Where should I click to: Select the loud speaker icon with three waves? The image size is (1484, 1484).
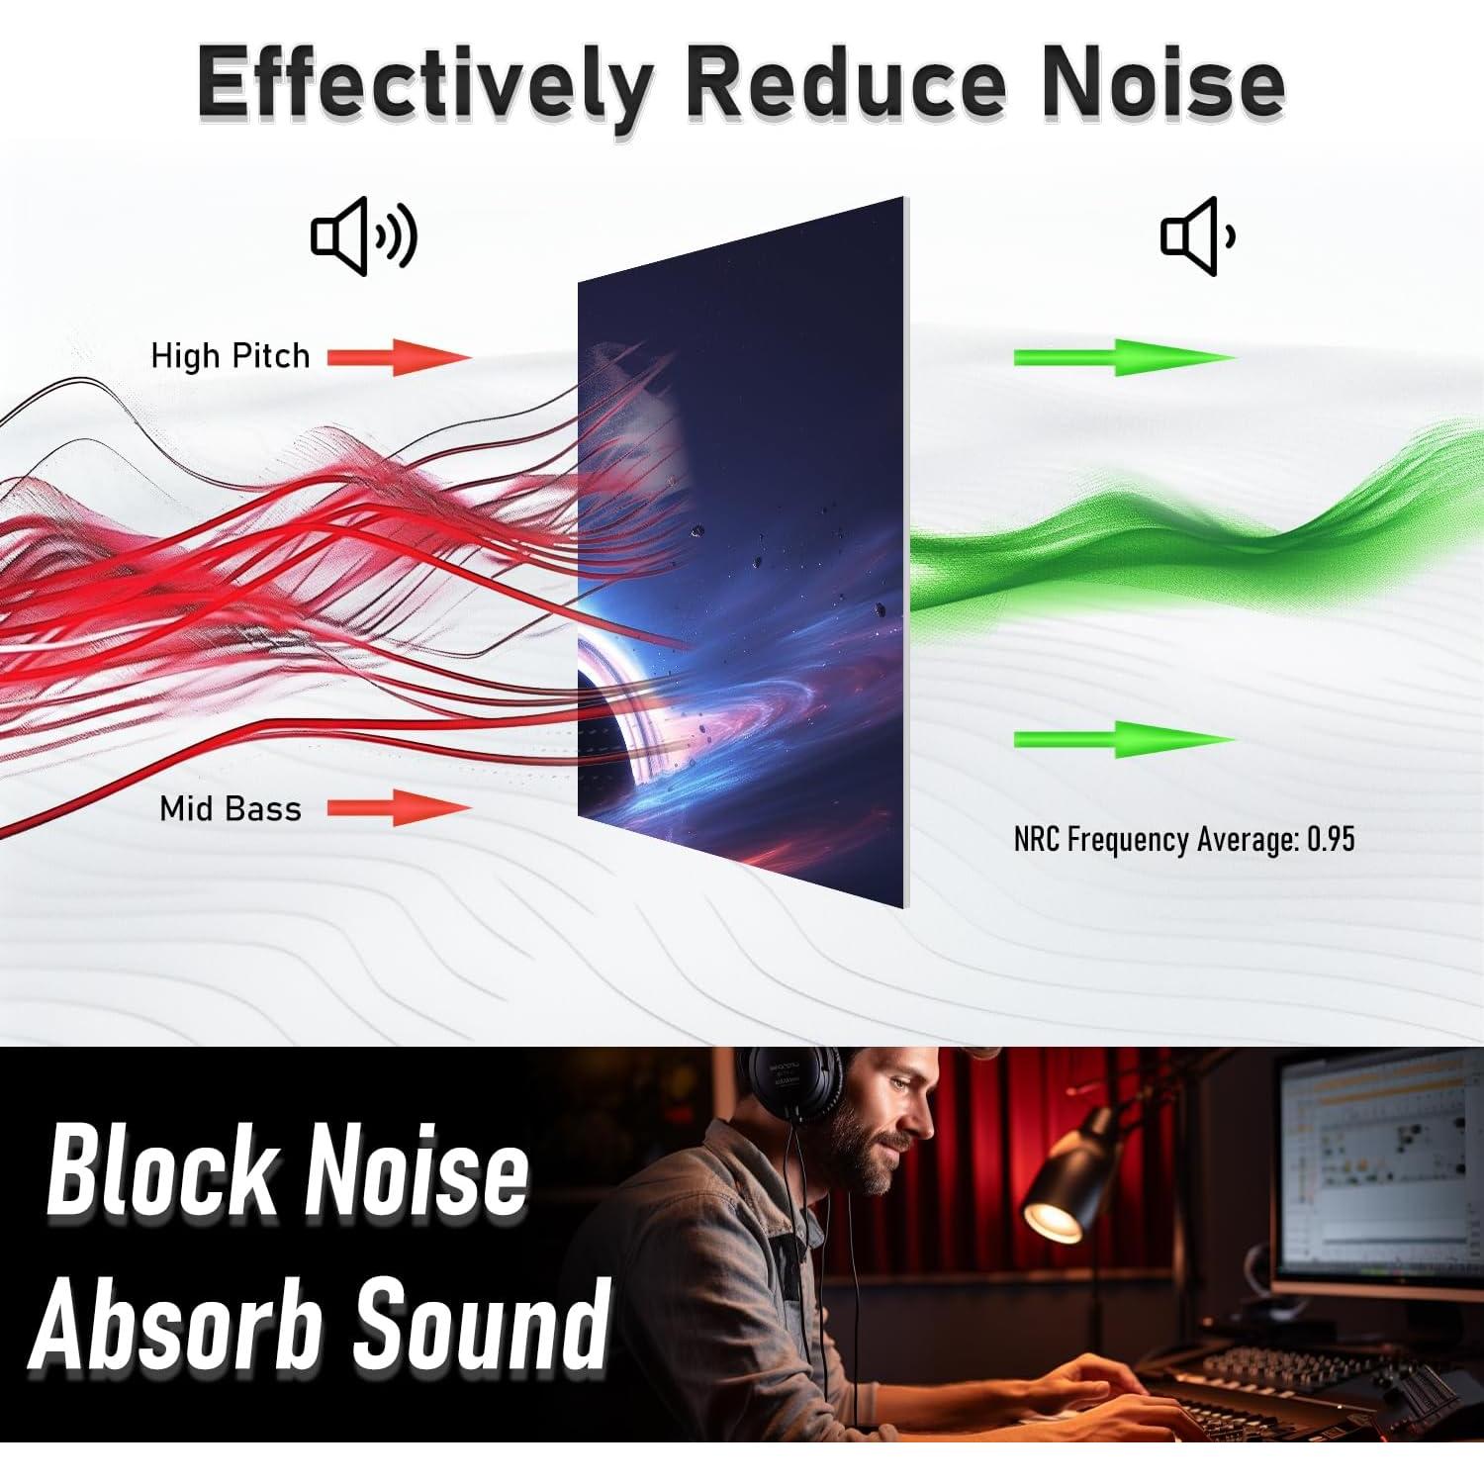click(x=364, y=235)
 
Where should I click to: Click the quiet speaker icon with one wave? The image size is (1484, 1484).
click(x=1197, y=235)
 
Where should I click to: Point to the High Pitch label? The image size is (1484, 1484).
click(x=231, y=356)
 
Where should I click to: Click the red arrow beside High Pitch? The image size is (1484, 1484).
click(x=399, y=356)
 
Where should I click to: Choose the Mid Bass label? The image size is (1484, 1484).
click(x=231, y=809)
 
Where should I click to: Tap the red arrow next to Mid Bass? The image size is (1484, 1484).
click(x=399, y=807)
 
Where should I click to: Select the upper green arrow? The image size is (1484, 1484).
click(x=1125, y=357)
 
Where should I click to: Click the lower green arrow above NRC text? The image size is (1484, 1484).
click(x=1125, y=739)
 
